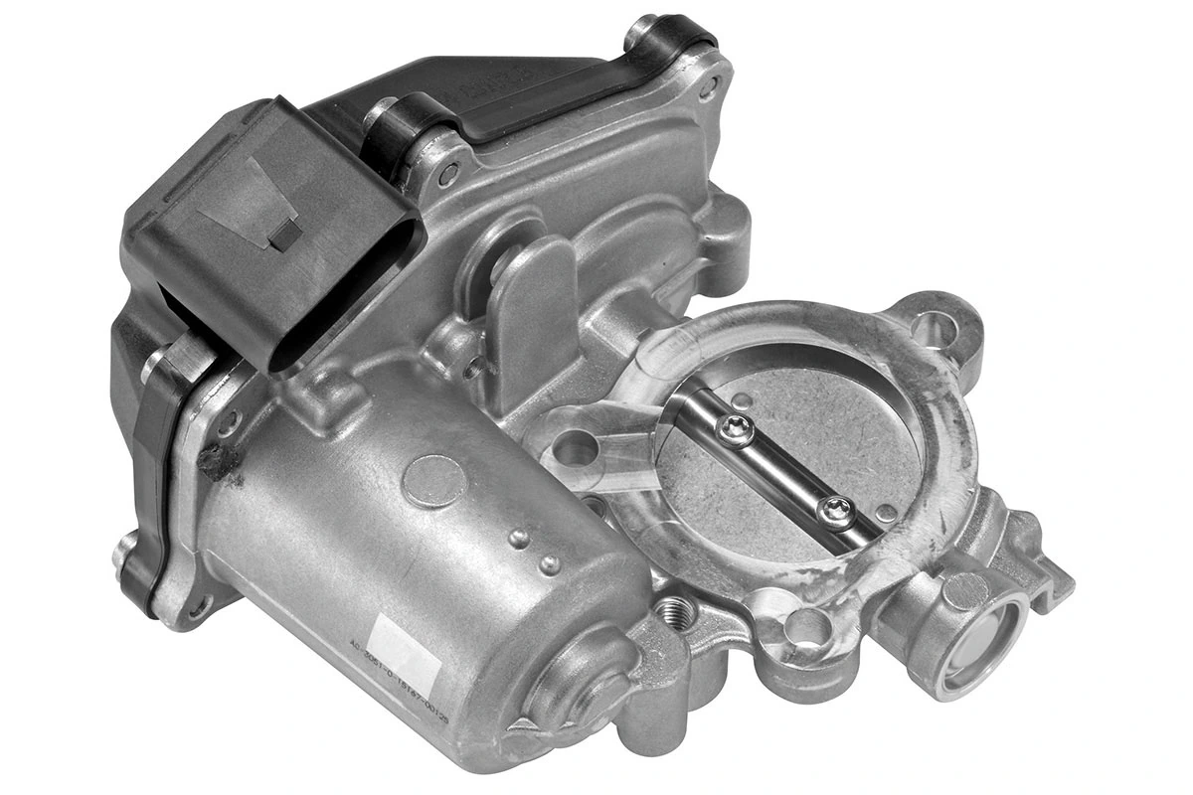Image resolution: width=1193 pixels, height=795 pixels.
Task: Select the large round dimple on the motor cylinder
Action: point(434,480)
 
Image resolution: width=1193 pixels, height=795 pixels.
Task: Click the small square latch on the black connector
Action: point(284,234)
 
